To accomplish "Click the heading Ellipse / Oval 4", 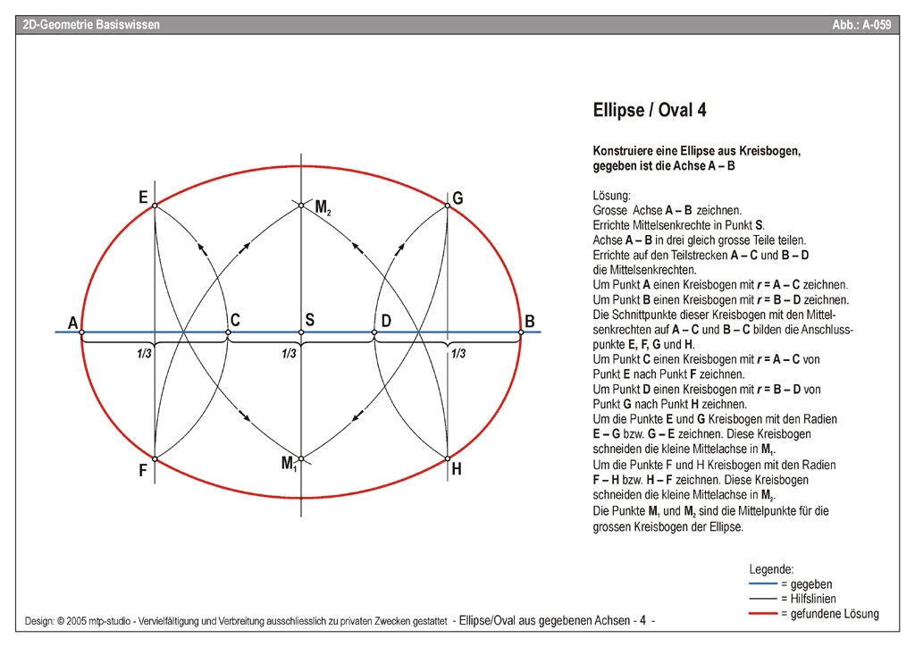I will coord(650,111).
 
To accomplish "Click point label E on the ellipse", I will coord(143,197).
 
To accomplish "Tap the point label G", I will coord(457,197).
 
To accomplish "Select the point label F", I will coord(143,471).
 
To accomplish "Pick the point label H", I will coord(457,469).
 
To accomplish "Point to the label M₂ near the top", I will coord(323,208).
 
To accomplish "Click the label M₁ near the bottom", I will coord(289,463).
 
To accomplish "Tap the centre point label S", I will coord(309,319).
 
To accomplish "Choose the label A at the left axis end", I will coord(72,323).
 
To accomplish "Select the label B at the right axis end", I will coord(530,322).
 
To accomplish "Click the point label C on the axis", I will coord(235,320).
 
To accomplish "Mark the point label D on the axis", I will coord(386,320).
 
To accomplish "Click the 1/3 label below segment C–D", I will coord(288,354).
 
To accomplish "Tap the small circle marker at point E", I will coord(155,206).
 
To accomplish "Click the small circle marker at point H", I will coord(448,459).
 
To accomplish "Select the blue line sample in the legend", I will coord(762,584).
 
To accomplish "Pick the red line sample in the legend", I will coord(762,614).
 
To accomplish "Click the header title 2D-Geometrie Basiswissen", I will coord(91,25).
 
